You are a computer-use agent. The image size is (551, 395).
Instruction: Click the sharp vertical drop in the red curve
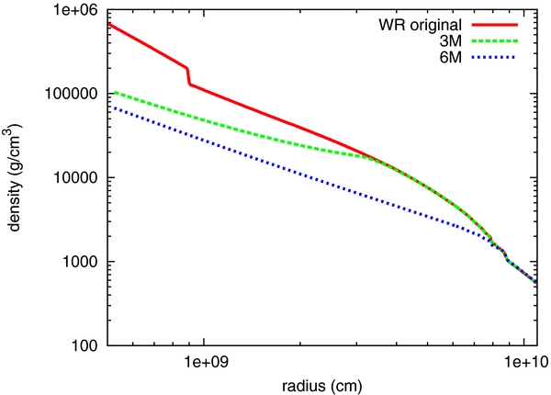[188, 75]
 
